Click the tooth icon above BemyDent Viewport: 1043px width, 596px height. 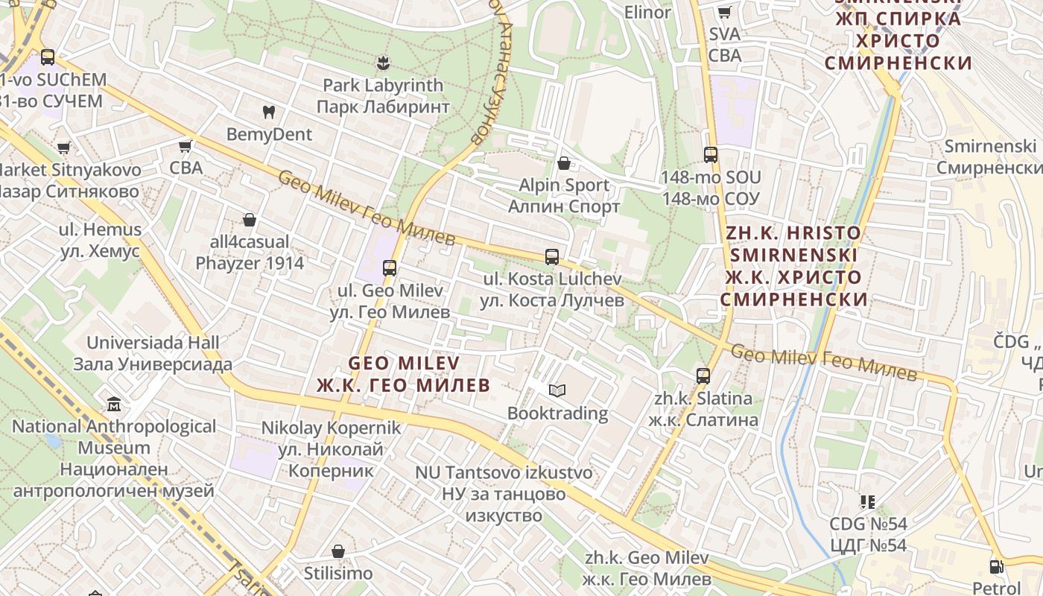point(269,112)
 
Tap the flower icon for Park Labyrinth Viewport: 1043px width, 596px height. point(383,63)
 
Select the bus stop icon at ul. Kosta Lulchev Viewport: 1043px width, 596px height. point(551,256)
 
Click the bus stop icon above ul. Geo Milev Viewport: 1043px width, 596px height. point(389,267)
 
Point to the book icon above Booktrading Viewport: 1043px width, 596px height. point(557,390)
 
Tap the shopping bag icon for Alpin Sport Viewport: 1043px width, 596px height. point(564,162)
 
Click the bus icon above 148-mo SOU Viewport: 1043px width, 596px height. point(711,154)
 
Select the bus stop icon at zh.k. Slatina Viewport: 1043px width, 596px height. point(703,375)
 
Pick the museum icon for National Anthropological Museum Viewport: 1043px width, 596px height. point(114,405)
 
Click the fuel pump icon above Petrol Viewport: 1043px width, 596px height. point(996,567)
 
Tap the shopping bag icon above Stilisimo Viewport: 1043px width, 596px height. point(338,551)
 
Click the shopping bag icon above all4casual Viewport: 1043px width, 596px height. point(250,220)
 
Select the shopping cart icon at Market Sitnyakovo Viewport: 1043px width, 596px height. point(64,148)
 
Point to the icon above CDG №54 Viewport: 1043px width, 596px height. point(867,501)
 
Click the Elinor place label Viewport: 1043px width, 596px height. point(647,12)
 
